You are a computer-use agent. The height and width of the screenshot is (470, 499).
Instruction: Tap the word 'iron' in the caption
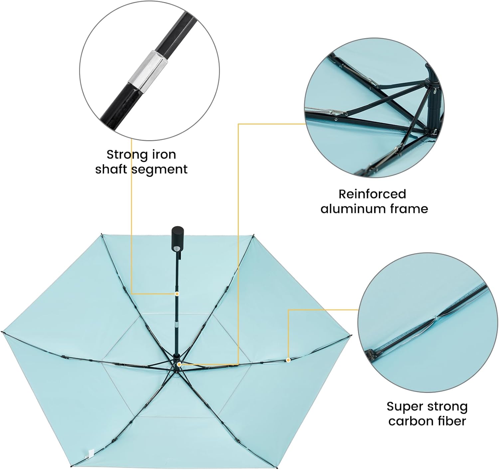point(164,154)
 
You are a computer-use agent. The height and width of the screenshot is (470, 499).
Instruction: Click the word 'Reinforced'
point(372,194)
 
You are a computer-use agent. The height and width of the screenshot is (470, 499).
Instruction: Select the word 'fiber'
point(453,421)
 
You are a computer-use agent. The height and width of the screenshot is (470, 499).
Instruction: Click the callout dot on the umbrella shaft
point(177,294)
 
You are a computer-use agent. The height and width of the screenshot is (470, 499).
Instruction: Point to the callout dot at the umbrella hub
point(179,364)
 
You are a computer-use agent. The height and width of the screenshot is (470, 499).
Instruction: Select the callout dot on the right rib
point(288,360)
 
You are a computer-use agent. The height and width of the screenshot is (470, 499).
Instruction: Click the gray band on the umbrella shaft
point(176,325)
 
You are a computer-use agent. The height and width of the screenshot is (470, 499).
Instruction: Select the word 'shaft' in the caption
point(112,170)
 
